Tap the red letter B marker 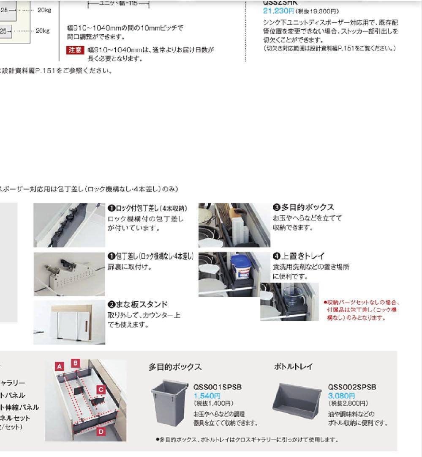76,363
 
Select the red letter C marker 101,389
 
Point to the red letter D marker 101,432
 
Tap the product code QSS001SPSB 218,387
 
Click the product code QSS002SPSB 352,387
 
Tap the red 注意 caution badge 76,50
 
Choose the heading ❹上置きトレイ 298,256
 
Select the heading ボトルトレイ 294,367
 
